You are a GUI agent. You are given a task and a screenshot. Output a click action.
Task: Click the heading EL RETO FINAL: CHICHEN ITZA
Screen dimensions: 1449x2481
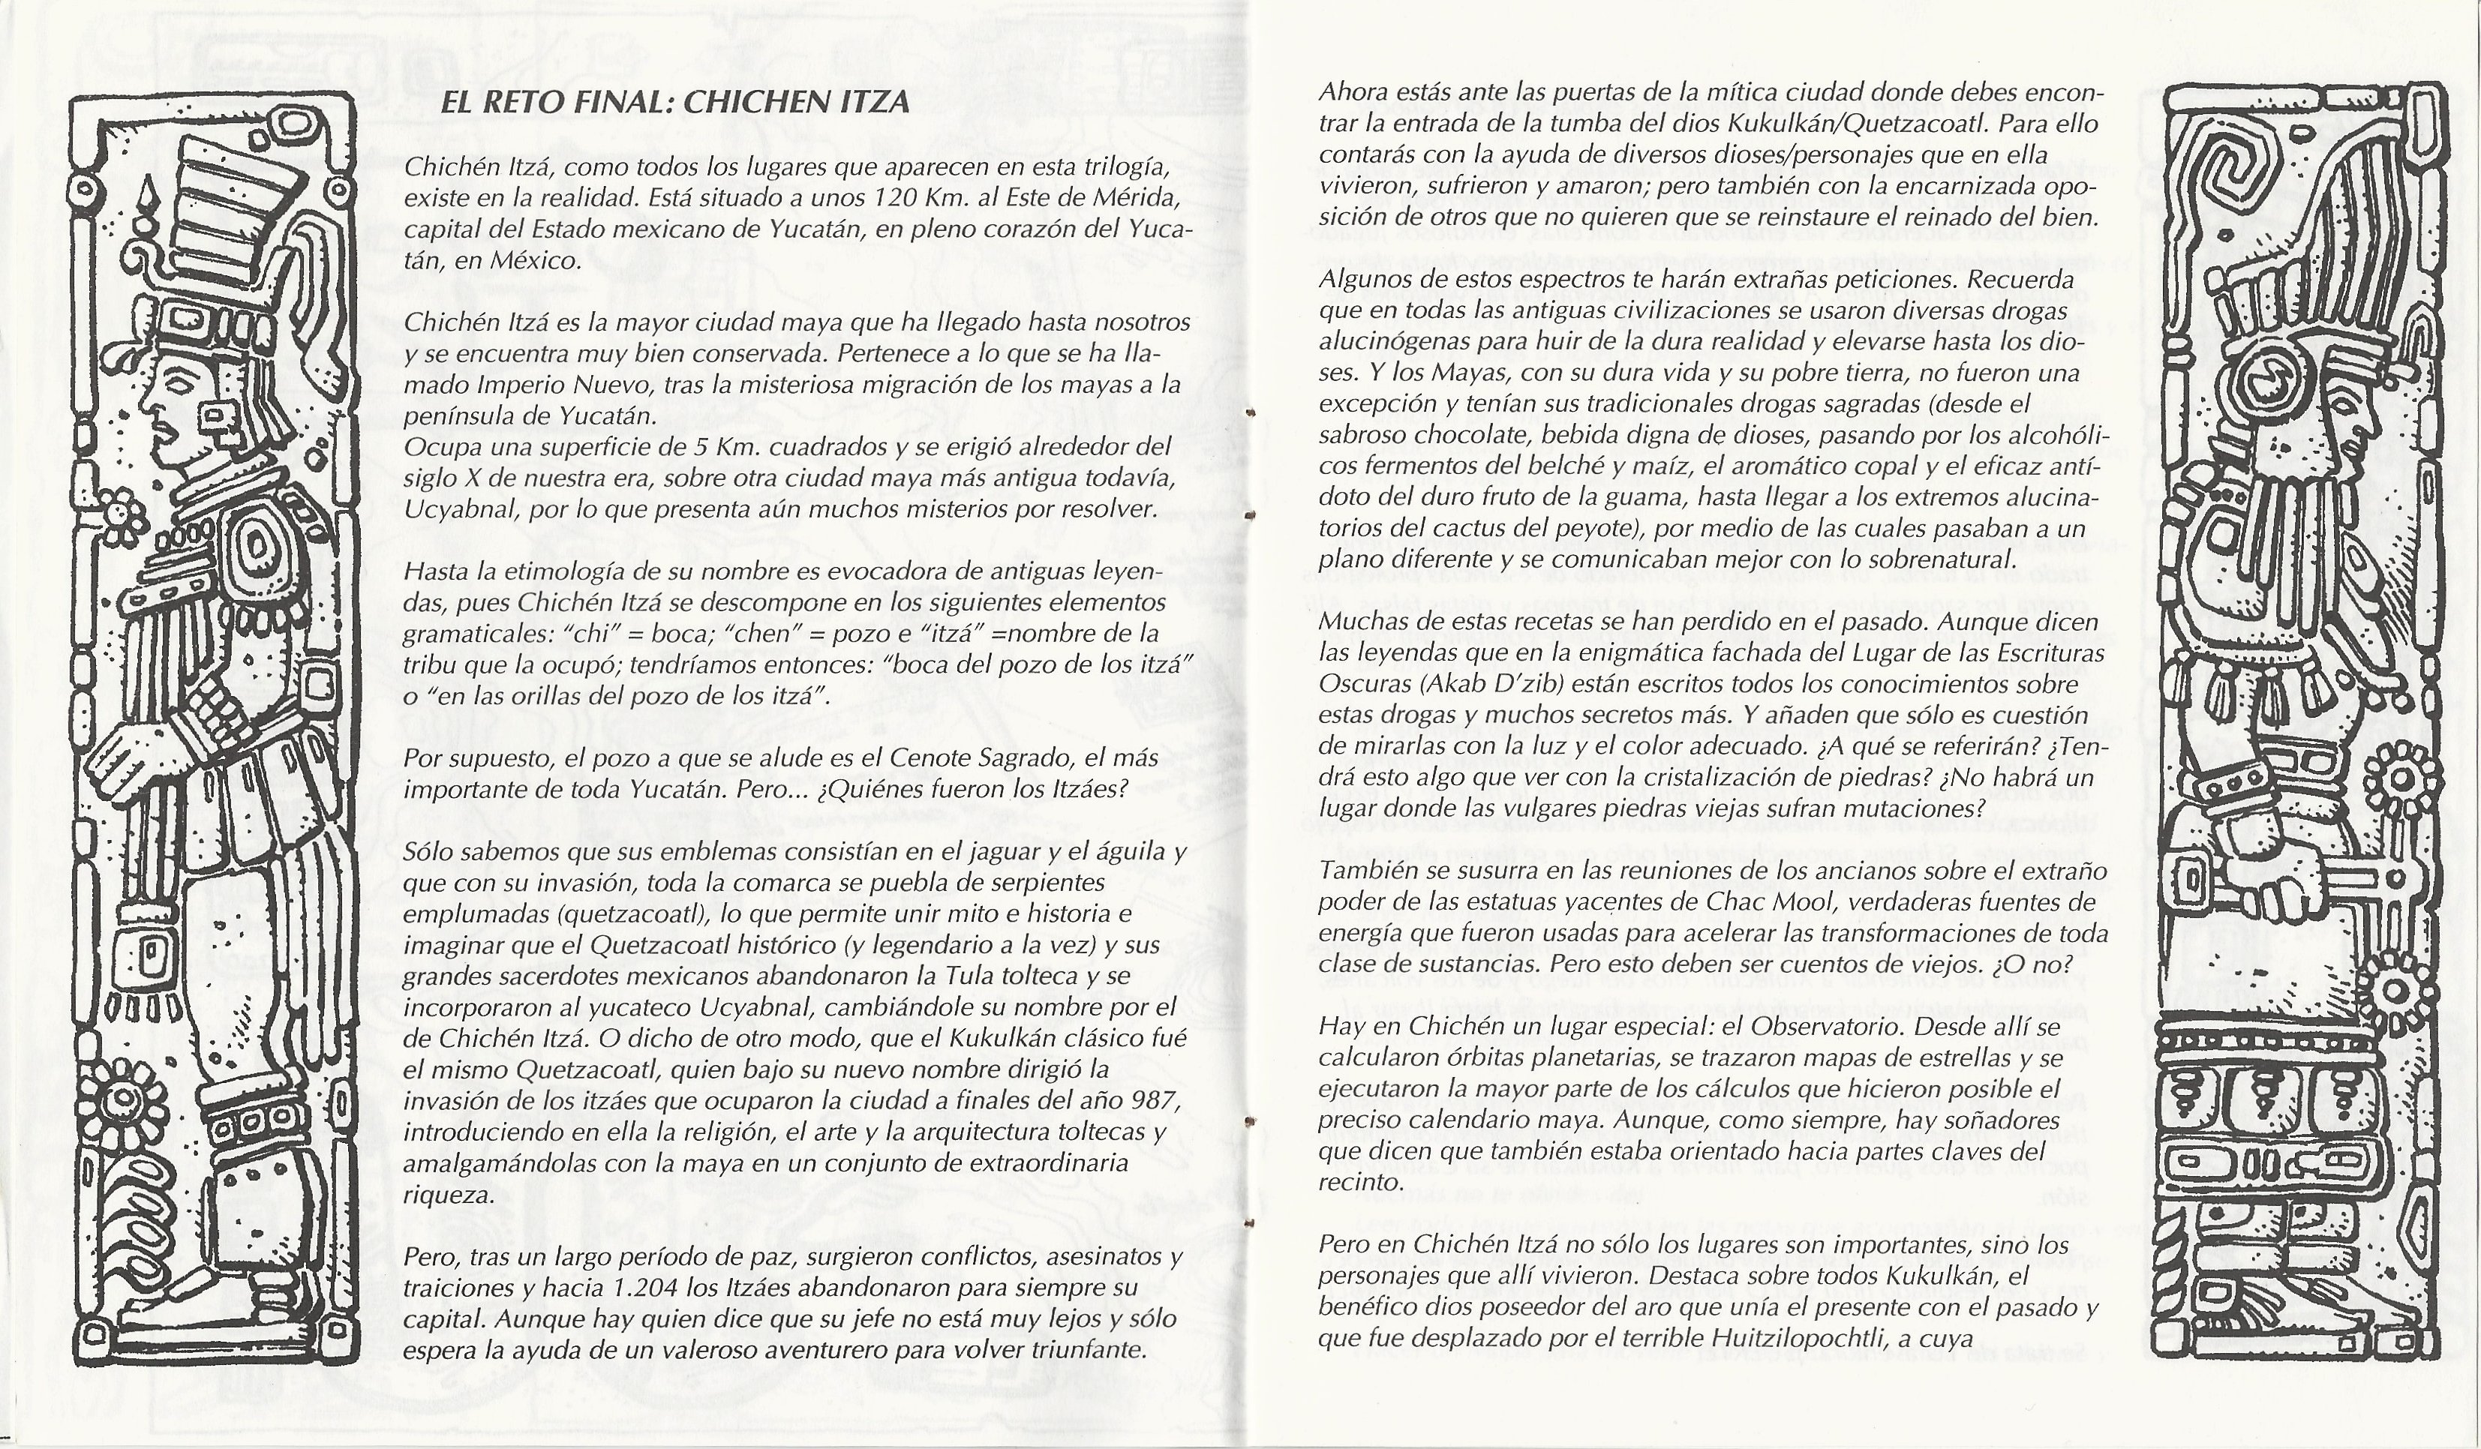[x=674, y=103]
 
